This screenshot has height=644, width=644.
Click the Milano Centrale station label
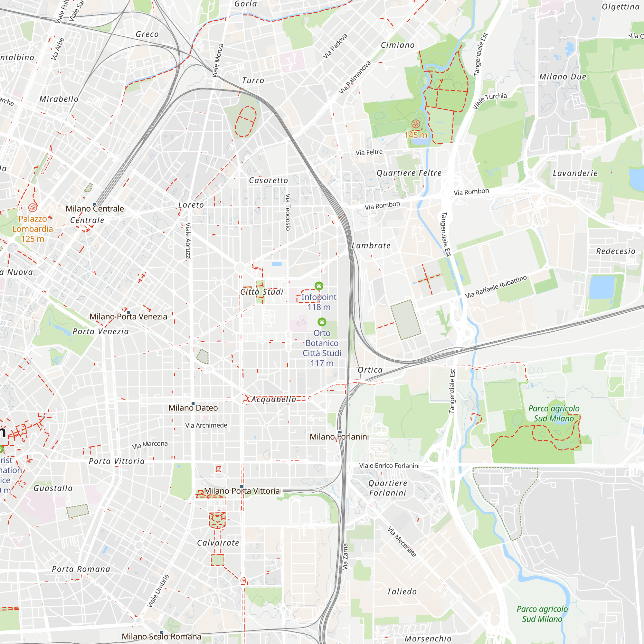pyautogui.click(x=95, y=209)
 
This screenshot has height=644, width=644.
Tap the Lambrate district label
pyautogui.click(x=371, y=246)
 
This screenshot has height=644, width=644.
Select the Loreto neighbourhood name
pyautogui.click(x=191, y=205)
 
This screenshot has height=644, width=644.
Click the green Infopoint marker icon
pyautogui.click(x=319, y=286)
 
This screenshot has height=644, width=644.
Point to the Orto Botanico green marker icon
pyautogui.click(x=322, y=322)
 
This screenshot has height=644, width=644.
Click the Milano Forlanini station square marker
pyautogui.click(x=339, y=432)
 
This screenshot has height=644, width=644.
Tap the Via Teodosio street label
pyautogui.click(x=288, y=212)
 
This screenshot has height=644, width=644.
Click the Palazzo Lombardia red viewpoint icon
pyautogui.click(x=33, y=208)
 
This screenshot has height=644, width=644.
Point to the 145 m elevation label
pyautogui.click(x=416, y=135)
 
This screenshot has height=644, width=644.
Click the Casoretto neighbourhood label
pyautogui.click(x=268, y=181)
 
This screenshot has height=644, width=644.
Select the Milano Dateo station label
pyautogui.click(x=193, y=408)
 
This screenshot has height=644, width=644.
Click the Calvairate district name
pyautogui.click(x=218, y=543)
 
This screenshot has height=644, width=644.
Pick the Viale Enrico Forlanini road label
pyautogui.click(x=389, y=466)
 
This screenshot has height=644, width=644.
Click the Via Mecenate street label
pyautogui.click(x=402, y=542)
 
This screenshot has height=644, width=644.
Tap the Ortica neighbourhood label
pyautogui.click(x=370, y=370)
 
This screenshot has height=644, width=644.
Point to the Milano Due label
pyautogui.click(x=563, y=77)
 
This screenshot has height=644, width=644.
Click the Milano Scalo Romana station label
pyautogui.click(x=161, y=637)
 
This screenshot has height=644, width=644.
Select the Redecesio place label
pyautogui.click(x=616, y=251)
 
